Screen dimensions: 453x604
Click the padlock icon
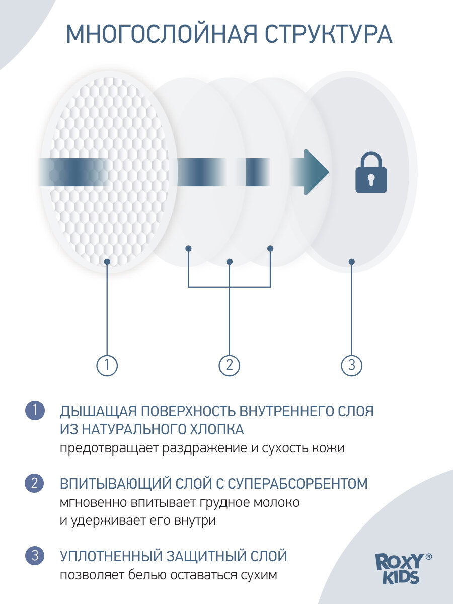[371, 174]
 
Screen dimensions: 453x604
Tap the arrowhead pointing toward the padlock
[316, 172]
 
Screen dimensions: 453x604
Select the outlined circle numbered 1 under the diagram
[107, 365]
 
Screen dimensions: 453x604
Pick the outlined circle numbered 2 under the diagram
[230, 365]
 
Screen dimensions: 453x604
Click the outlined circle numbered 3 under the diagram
[352, 365]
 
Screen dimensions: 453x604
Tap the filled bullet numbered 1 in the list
[35, 410]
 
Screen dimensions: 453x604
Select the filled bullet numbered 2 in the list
[35, 484]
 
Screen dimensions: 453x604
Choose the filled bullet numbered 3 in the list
[35, 556]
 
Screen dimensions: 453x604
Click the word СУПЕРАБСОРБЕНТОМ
[297, 484]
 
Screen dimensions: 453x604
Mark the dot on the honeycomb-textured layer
[107, 261]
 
